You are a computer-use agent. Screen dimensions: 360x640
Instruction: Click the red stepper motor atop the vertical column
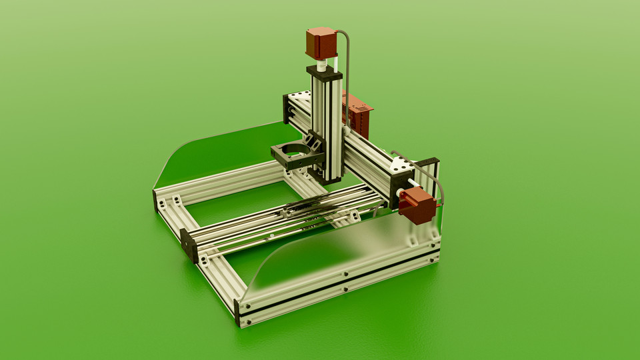pos(321,43)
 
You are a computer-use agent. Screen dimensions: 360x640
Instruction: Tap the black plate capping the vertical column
pos(324,72)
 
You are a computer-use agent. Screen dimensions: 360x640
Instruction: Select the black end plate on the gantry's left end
pos(286,109)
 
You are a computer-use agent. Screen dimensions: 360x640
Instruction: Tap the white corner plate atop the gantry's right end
pos(403,164)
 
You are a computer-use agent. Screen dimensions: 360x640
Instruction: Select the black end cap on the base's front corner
pos(238,313)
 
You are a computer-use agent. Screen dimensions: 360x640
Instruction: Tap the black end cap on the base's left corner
pos(155,201)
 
